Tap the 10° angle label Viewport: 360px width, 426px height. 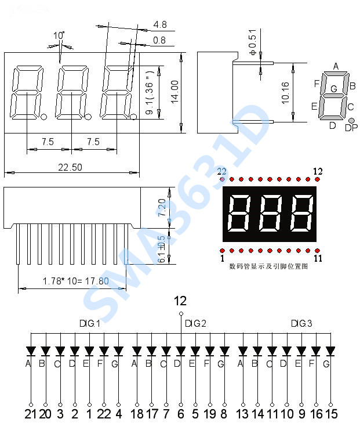59,35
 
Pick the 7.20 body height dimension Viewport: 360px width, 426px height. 162,207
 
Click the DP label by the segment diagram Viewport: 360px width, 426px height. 351,128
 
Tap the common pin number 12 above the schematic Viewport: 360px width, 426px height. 180,301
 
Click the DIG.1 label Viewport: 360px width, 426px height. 90,323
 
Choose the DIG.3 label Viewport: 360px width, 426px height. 301,323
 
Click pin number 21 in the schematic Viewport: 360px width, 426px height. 31,414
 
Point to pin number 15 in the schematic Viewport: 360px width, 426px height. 330,414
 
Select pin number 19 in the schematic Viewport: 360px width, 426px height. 209,414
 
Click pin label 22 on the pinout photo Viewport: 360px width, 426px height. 221,171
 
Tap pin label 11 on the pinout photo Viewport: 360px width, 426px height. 318,258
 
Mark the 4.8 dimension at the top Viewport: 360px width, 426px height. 160,24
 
